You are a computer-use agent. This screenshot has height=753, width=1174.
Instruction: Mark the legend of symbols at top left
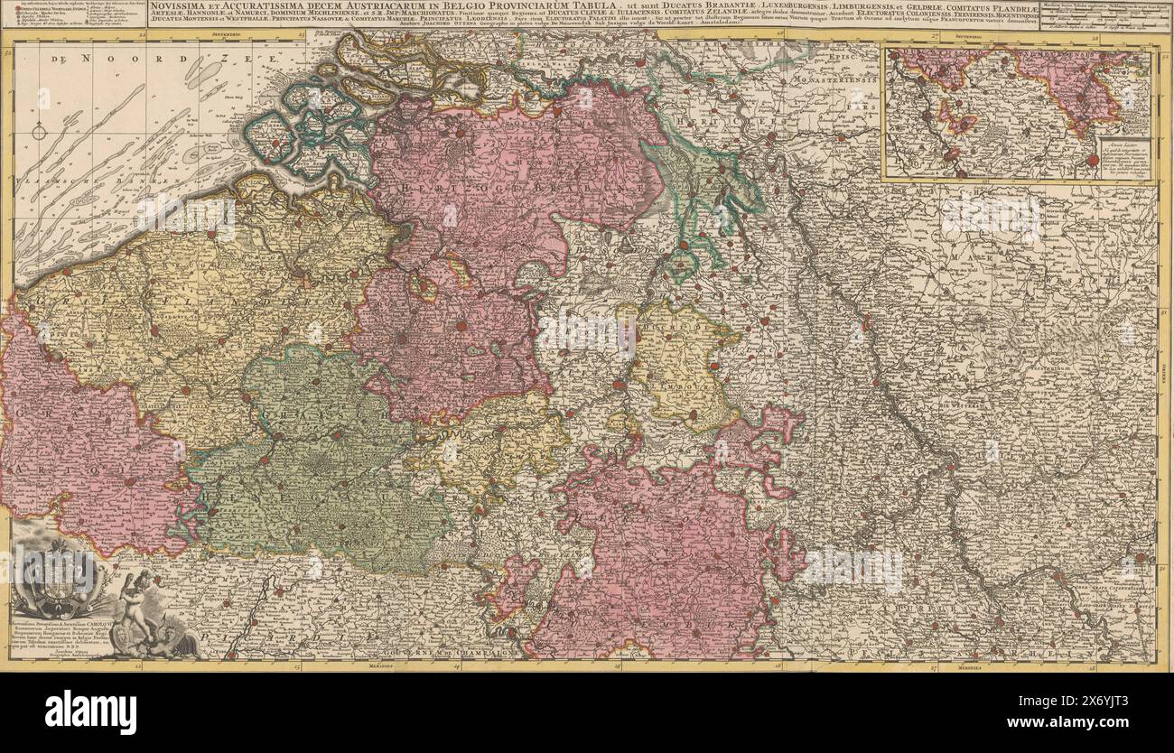[x=72, y=15]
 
